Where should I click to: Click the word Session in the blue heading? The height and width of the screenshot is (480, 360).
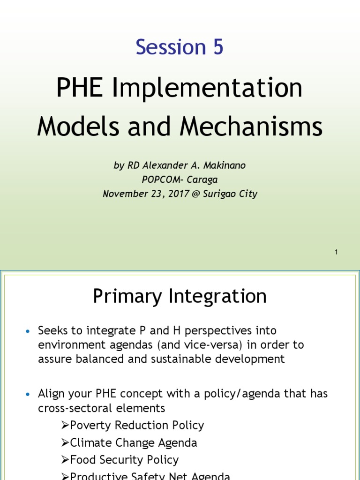(168, 47)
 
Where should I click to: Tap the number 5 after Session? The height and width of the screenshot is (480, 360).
(217, 47)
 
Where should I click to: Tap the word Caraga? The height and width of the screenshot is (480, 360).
(202, 179)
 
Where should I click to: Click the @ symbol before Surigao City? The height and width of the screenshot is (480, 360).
(196, 193)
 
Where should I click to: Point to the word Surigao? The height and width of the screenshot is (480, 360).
(220, 193)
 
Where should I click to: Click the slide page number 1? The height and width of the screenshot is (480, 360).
(336, 252)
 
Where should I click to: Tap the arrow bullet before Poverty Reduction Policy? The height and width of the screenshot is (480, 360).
(65, 426)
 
